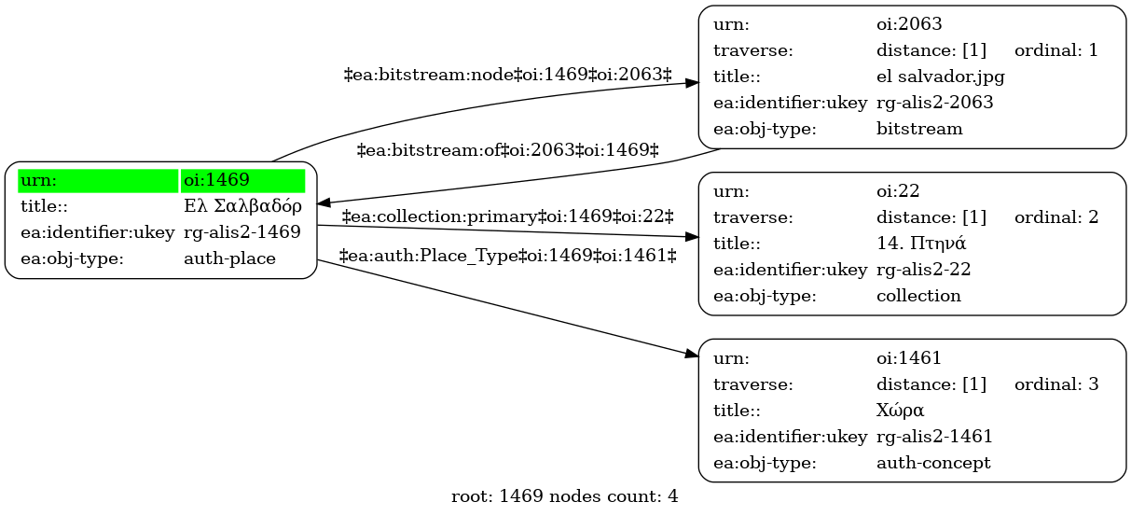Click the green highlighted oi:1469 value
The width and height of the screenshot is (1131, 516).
tap(216, 180)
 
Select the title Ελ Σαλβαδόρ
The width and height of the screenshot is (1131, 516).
tap(242, 206)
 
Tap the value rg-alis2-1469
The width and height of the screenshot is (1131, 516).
tap(242, 232)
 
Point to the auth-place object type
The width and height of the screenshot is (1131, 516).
tap(229, 258)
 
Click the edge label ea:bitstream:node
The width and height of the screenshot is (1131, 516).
tap(507, 75)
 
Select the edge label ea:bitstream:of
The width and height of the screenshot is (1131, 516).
tap(507, 150)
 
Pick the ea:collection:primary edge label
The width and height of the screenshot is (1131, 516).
tap(507, 216)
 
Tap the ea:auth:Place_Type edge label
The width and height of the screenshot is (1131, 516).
tap(507, 256)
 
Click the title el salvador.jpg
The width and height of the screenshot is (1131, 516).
tap(940, 77)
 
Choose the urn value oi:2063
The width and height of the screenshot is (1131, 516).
tap(909, 23)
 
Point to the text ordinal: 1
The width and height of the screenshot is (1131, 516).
tap(1056, 50)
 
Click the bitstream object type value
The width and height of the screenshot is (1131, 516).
tap(919, 129)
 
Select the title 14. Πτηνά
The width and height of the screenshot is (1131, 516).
tap(921, 244)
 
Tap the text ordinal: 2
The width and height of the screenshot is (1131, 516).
tap(1056, 216)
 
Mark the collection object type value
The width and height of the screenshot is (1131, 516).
tap(918, 296)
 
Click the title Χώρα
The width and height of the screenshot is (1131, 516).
tap(900, 410)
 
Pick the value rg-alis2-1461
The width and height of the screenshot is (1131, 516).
tap(934, 436)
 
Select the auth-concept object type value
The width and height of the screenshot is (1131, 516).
tap(933, 463)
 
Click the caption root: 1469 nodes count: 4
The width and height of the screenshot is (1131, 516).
tap(564, 496)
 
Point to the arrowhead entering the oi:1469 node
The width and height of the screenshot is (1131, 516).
tap(324, 203)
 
